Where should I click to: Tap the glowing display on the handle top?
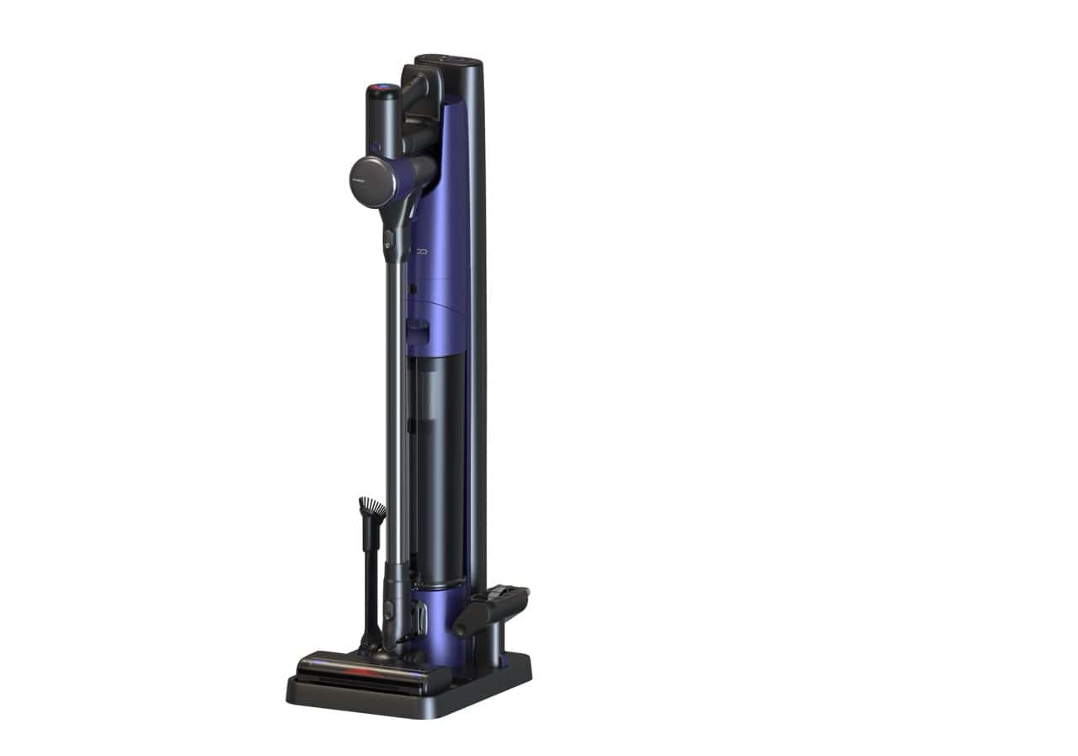click(381, 88)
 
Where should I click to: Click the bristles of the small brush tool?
click(371, 508)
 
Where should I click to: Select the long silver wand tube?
click(393, 404)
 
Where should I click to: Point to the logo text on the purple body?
click(419, 251)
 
